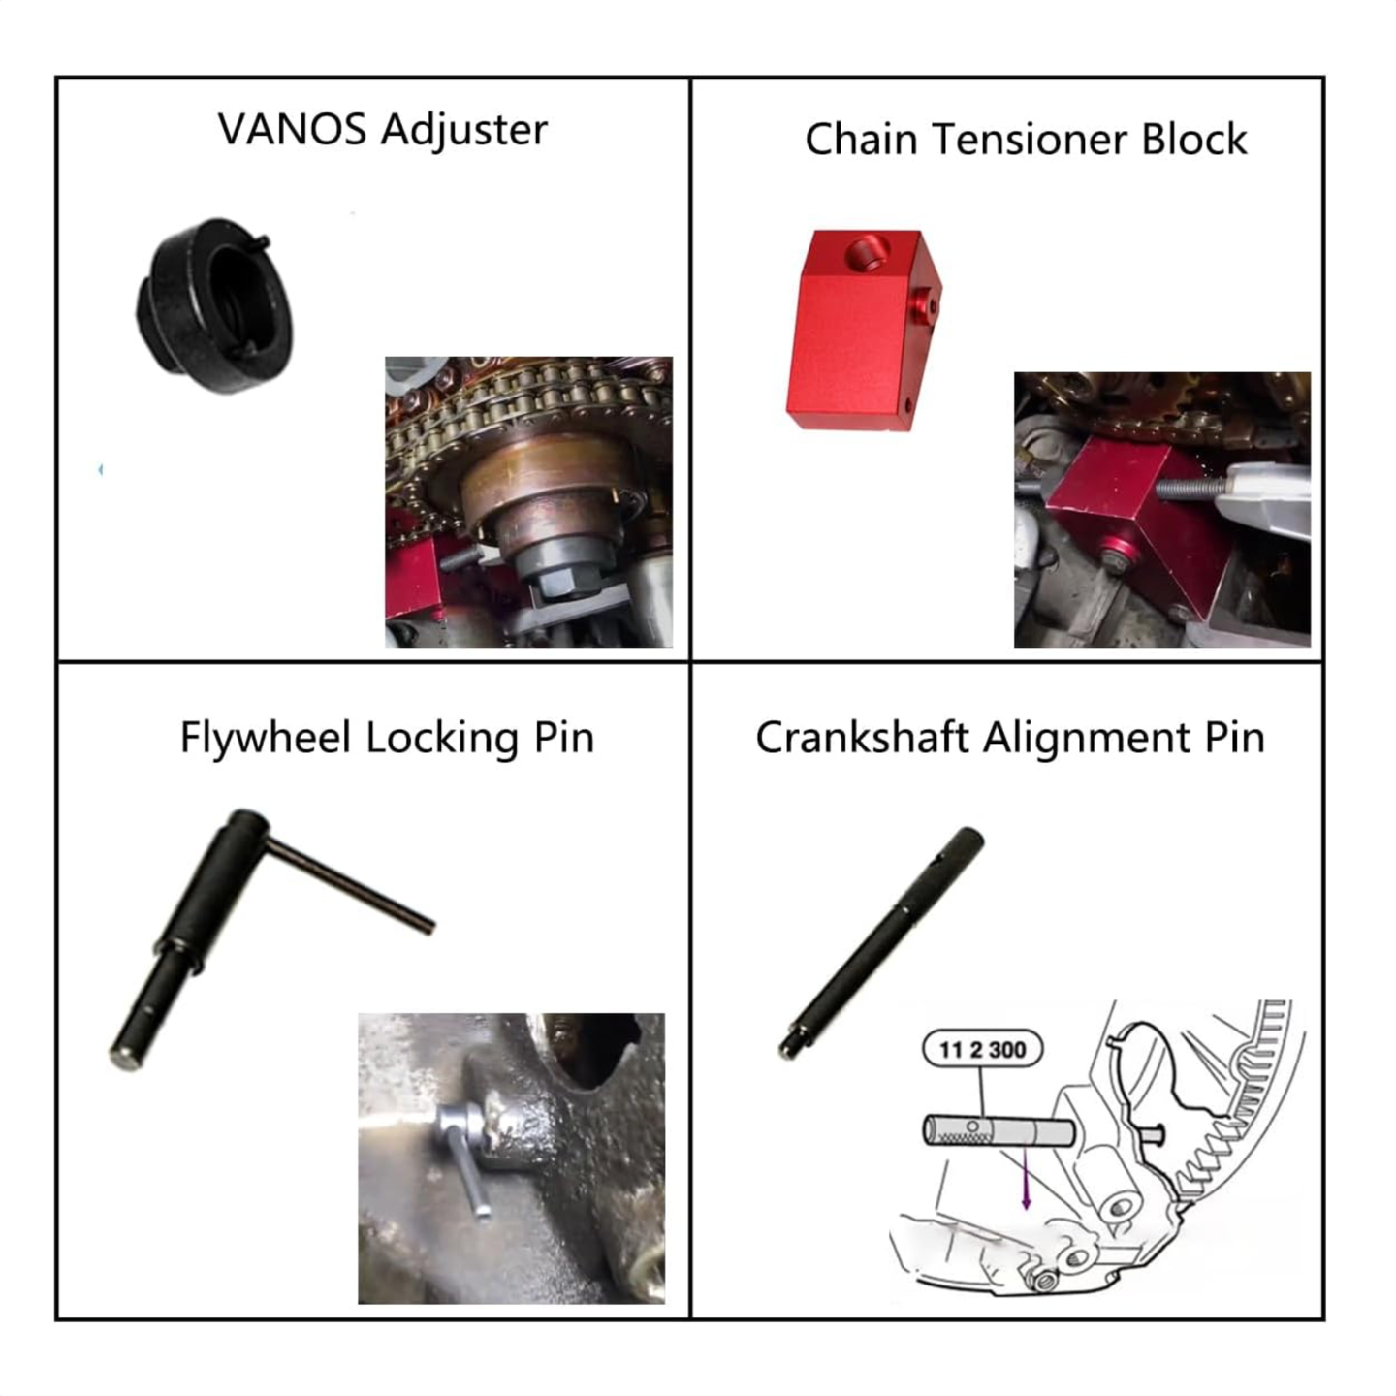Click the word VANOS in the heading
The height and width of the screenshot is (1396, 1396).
click(292, 130)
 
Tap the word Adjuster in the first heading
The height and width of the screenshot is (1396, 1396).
click(464, 132)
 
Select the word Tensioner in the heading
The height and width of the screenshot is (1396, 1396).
click(1030, 139)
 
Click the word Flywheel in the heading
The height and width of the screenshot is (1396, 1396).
click(266, 739)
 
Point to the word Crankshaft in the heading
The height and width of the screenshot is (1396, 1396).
click(862, 738)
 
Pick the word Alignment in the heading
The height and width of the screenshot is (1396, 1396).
click(1088, 739)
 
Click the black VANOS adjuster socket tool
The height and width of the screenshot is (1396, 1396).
click(215, 305)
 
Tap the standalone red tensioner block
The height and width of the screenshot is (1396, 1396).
click(864, 331)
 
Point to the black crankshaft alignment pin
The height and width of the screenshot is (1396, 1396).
click(881, 943)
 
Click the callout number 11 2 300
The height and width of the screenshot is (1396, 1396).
click(982, 1050)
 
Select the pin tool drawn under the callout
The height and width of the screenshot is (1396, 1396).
click(999, 1132)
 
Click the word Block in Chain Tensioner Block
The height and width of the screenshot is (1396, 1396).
click(1194, 139)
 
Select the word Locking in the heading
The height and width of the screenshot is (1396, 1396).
click(442, 739)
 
